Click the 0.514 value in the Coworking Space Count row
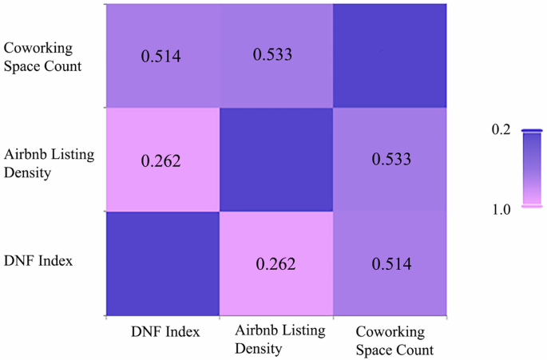click(x=161, y=56)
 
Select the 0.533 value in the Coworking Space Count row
click(x=273, y=55)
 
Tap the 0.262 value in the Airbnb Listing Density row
click(x=161, y=160)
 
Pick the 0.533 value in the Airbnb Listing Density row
click(x=391, y=160)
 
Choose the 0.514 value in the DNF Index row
click(x=391, y=263)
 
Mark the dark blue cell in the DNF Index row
click(x=162, y=263)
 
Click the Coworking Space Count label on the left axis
click(x=43, y=57)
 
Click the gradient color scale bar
click(x=532, y=168)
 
